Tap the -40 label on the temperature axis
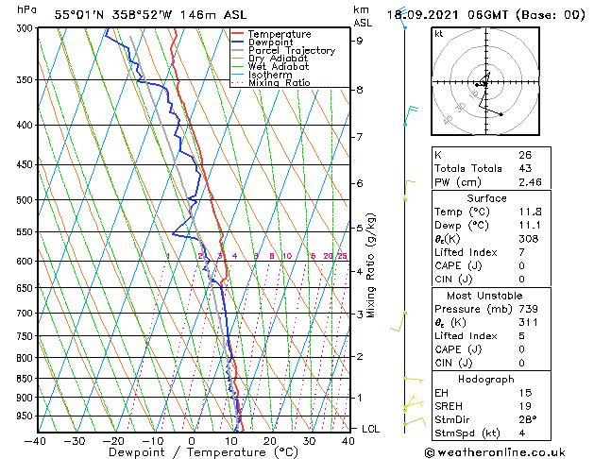(36, 441)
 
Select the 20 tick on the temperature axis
(270, 441)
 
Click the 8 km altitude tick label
(359, 90)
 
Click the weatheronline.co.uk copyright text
(509, 451)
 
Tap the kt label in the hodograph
(438, 33)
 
